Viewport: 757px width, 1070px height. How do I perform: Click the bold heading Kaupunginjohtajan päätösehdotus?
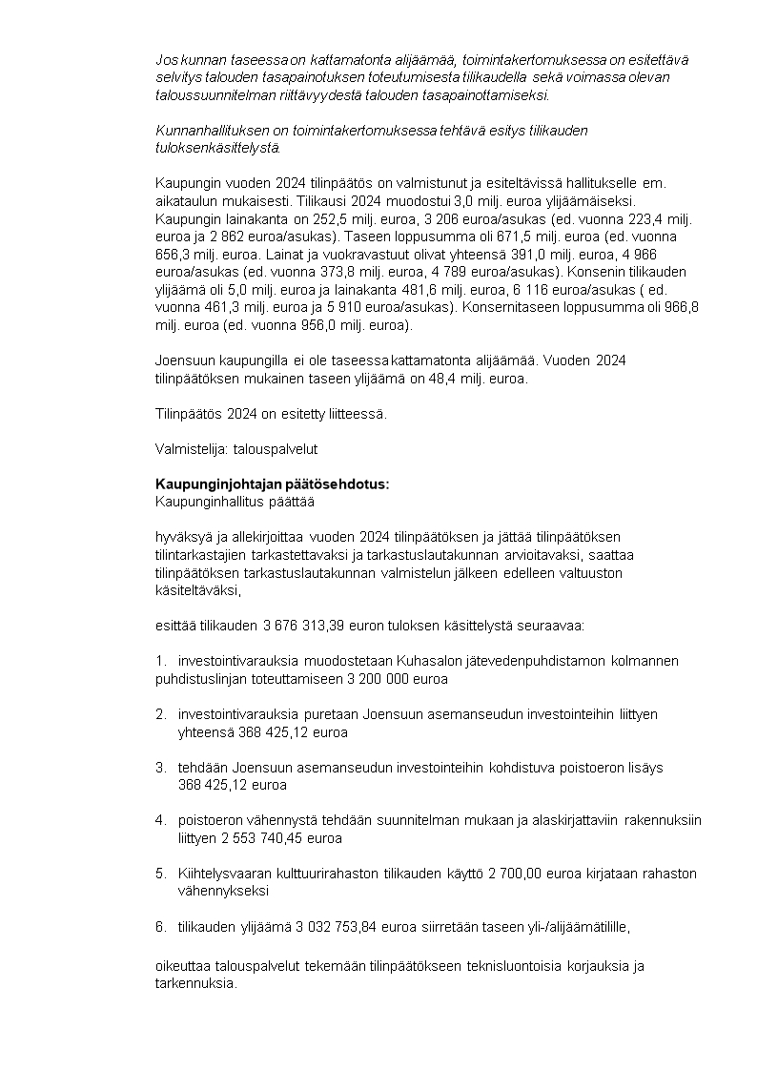272,484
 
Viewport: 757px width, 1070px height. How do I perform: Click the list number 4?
159,819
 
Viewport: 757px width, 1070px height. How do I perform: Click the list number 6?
159,926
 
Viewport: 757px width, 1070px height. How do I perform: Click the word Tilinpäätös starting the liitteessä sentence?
185,413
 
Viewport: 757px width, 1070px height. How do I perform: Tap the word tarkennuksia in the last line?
194,983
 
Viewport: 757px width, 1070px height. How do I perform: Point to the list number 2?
159,713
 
